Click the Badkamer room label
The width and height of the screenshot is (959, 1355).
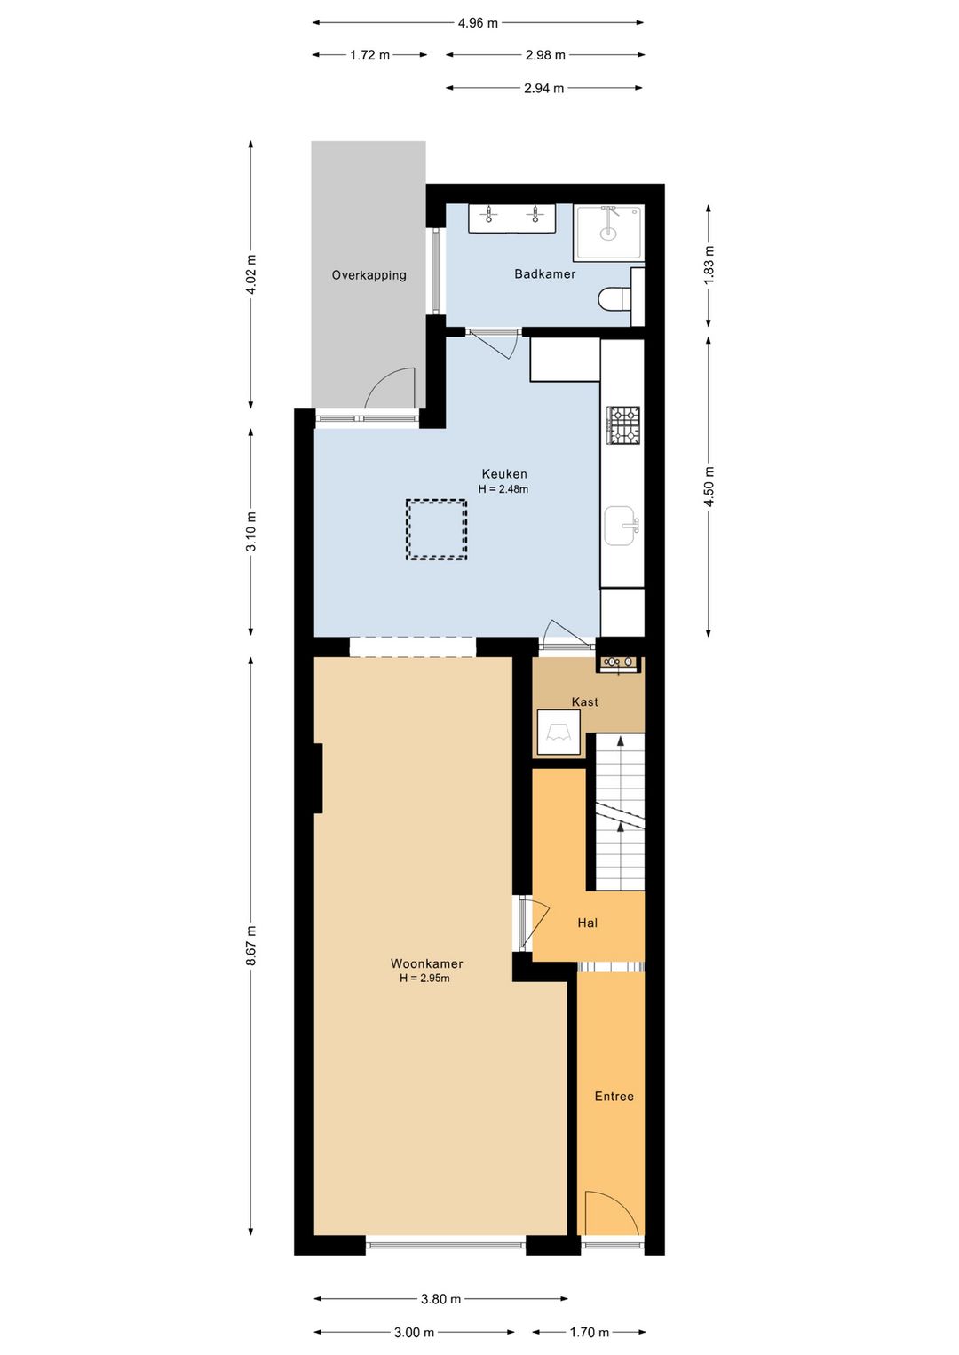544,274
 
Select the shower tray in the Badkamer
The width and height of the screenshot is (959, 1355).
608,234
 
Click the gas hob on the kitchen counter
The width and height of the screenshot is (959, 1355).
624,425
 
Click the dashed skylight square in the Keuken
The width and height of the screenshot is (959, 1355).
436,528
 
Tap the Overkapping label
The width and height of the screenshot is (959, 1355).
369,275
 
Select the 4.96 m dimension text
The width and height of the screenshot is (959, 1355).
478,23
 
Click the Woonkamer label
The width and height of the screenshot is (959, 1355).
426,963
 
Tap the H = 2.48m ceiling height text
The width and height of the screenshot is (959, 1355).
503,488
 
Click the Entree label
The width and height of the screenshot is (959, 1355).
614,1096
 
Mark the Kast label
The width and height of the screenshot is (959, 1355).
584,701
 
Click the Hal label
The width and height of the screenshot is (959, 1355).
588,923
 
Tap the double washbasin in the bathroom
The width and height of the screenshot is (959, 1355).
511,218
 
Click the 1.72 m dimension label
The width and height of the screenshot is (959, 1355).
369,55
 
